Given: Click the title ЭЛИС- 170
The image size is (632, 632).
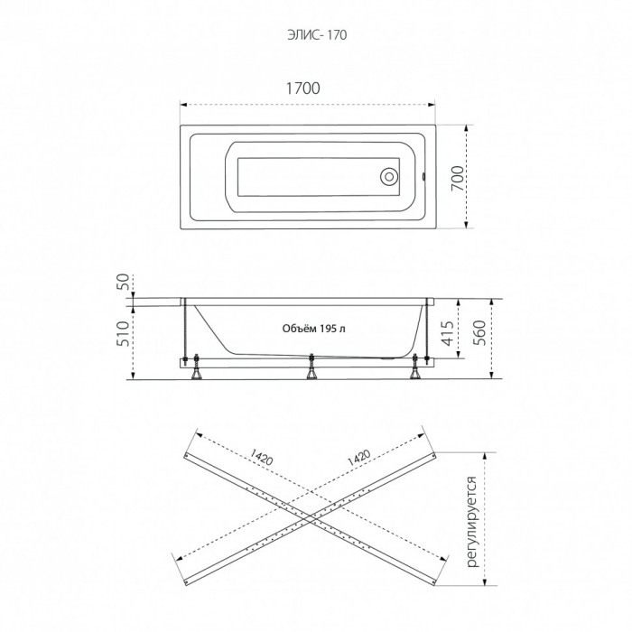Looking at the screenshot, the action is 317,35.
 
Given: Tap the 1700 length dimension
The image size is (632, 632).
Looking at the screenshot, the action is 303,88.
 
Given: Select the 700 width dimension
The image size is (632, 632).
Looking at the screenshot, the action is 457,179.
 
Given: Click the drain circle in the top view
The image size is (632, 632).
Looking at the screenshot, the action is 389,177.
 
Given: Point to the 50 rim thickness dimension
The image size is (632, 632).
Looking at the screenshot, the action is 125,282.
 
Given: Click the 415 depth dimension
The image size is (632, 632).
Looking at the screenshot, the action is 448,332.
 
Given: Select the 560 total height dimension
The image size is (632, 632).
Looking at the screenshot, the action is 479,332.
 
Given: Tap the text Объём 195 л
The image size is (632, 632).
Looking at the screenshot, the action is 314,329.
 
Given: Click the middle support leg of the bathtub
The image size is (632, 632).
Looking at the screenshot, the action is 311,367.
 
